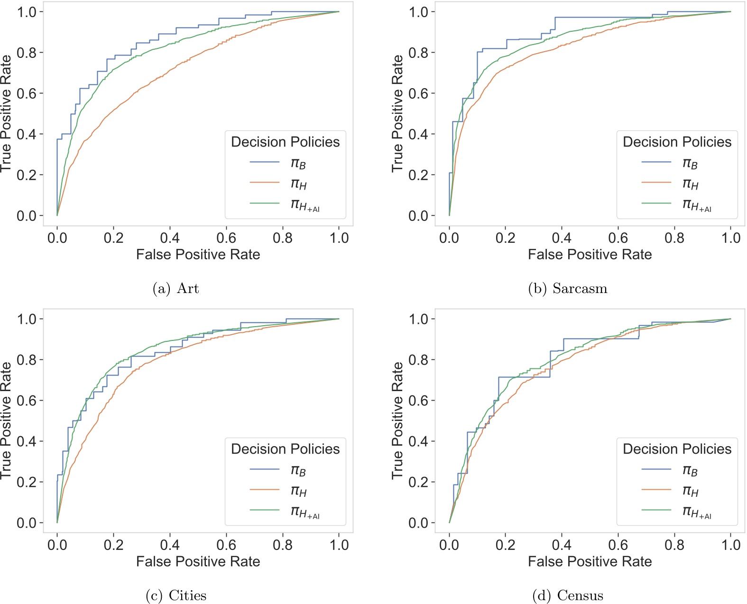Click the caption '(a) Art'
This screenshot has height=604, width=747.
click(175, 288)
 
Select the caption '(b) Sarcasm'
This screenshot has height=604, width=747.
click(568, 288)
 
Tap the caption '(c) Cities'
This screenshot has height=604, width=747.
click(176, 595)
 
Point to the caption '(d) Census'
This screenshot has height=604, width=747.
click(568, 595)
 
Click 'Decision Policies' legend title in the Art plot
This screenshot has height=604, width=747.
click(285, 142)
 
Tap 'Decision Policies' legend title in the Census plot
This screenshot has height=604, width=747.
click(677, 449)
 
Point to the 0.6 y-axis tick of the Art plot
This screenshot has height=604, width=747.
click(27, 93)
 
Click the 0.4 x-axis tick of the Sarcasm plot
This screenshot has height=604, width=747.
click(562, 238)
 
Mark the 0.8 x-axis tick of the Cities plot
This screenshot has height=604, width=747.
click(283, 545)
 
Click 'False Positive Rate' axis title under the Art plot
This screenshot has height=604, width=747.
click(198, 255)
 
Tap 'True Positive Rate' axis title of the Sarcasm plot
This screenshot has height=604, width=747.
click(397, 113)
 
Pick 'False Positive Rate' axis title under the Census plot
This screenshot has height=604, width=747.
click(590, 562)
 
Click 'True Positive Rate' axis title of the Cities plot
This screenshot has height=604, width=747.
click(5, 421)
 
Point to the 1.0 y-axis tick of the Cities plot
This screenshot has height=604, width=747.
click(27, 319)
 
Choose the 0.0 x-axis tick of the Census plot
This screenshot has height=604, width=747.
click(449, 545)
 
